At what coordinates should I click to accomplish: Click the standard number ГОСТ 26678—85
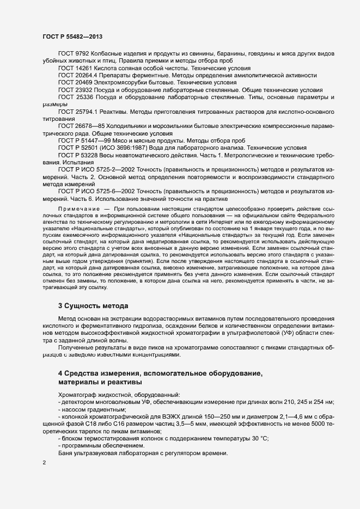82,126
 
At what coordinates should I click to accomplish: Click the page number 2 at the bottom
44,462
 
